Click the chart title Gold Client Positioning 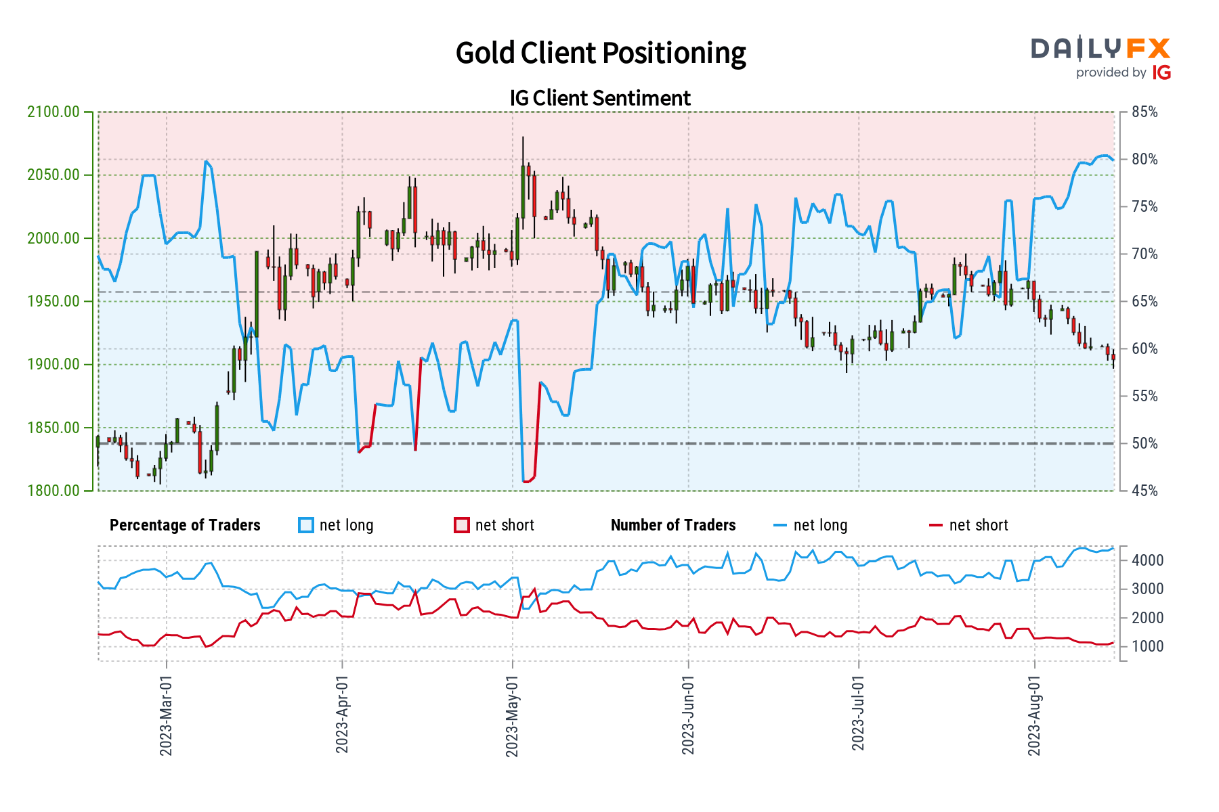coord(600,53)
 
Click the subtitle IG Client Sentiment coord(600,98)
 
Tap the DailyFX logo coord(1100,49)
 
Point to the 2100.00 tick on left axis coord(53,112)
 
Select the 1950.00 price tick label coord(53,302)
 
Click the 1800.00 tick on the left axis coord(53,491)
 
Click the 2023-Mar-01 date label coord(166,716)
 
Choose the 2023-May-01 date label coord(512,716)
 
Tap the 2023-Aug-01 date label coord(1034,716)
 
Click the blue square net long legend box coord(306,526)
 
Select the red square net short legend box coord(462,526)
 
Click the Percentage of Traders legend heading coord(185,526)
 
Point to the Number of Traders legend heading coord(673,526)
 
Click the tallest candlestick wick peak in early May coord(523,137)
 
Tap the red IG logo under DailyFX coord(1161,72)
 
